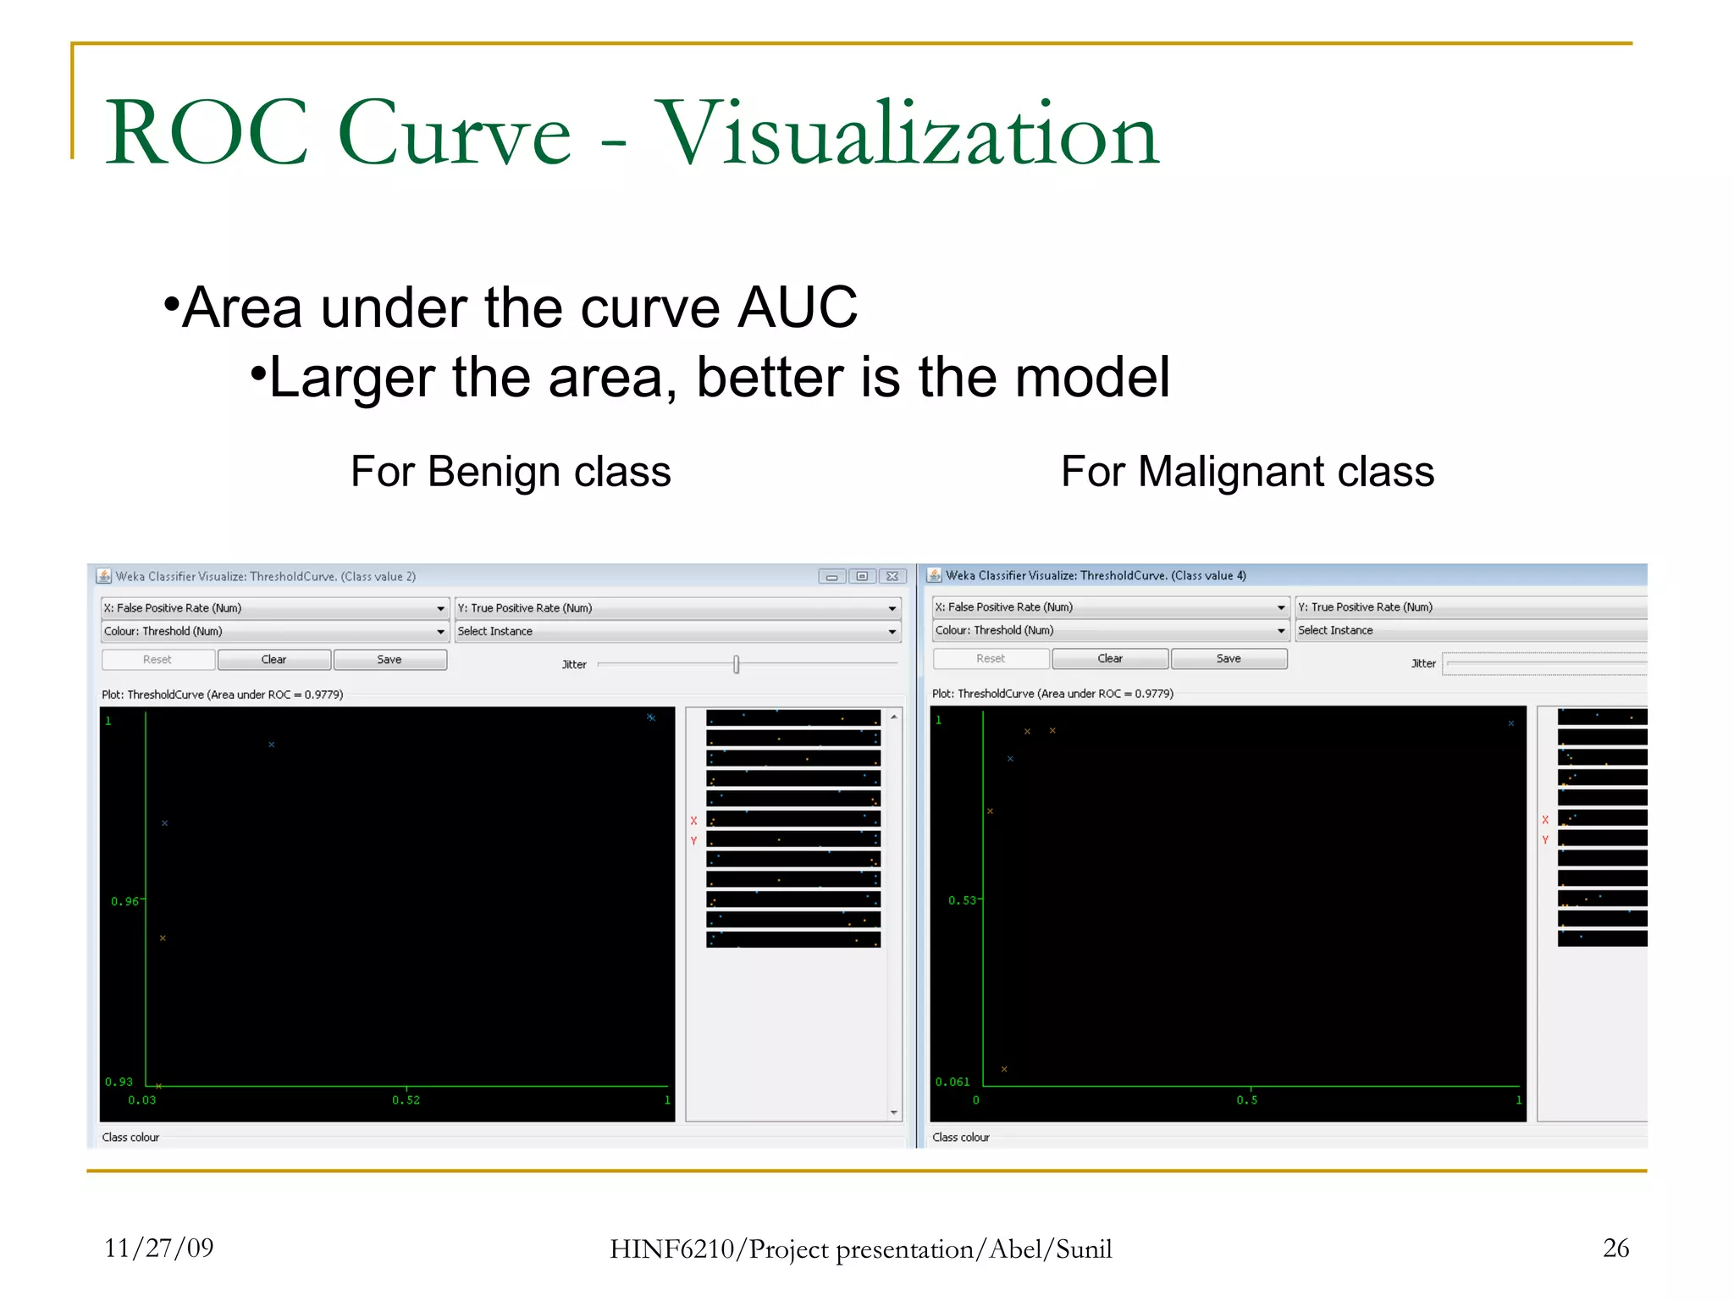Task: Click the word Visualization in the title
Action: [907, 134]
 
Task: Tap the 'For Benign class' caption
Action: [511, 472]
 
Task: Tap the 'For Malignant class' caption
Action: [1247, 472]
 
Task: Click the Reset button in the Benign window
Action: [157, 660]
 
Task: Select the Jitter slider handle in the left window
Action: [737, 665]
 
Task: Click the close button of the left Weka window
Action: [892, 576]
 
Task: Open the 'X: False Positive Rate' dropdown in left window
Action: [274, 608]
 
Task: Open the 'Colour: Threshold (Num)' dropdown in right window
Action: [1109, 630]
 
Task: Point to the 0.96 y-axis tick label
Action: [124, 901]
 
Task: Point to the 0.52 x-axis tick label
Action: [406, 1100]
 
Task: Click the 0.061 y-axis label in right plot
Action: [953, 1082]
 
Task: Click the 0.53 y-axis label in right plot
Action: [962, 900]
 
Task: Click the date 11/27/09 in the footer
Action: [159, 1248]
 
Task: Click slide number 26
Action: [1615, 1248]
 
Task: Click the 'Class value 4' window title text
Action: [1209, 576]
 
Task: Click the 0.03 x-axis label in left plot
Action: [142, 1100]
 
